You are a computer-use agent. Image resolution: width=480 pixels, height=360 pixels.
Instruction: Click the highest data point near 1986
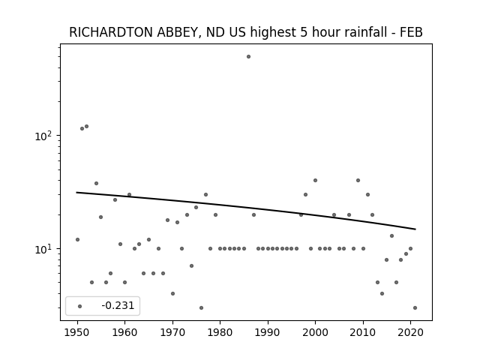point(248,57)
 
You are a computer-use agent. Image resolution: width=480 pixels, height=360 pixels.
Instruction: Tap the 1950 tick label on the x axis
point(77,332)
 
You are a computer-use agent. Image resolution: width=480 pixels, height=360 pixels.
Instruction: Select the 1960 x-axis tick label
point(125,332)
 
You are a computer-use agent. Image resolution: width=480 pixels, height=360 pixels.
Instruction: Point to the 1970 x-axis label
point(172,332)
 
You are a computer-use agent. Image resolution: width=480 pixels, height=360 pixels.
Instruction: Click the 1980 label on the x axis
point(220,332)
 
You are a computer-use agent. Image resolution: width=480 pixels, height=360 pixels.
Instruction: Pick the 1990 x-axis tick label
point(268,332)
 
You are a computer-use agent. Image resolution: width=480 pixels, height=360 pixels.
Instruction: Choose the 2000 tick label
point(315,332)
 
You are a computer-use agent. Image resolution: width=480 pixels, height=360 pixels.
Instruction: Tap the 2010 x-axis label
point(363,332)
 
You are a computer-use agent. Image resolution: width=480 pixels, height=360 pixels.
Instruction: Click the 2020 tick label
point(410,332)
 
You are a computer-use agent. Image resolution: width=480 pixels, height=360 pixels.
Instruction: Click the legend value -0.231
point(118,305)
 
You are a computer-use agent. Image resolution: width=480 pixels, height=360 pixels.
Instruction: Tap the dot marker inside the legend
point(80,306)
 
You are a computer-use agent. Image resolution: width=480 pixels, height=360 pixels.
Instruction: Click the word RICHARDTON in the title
point(112,32)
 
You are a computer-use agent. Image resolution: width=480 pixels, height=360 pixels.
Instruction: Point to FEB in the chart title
point(411,32)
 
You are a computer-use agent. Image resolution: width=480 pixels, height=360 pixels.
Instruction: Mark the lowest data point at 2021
point(415,308)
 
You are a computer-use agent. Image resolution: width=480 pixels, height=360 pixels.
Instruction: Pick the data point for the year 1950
point(77,240)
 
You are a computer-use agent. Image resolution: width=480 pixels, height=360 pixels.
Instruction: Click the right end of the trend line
point(415,229)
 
